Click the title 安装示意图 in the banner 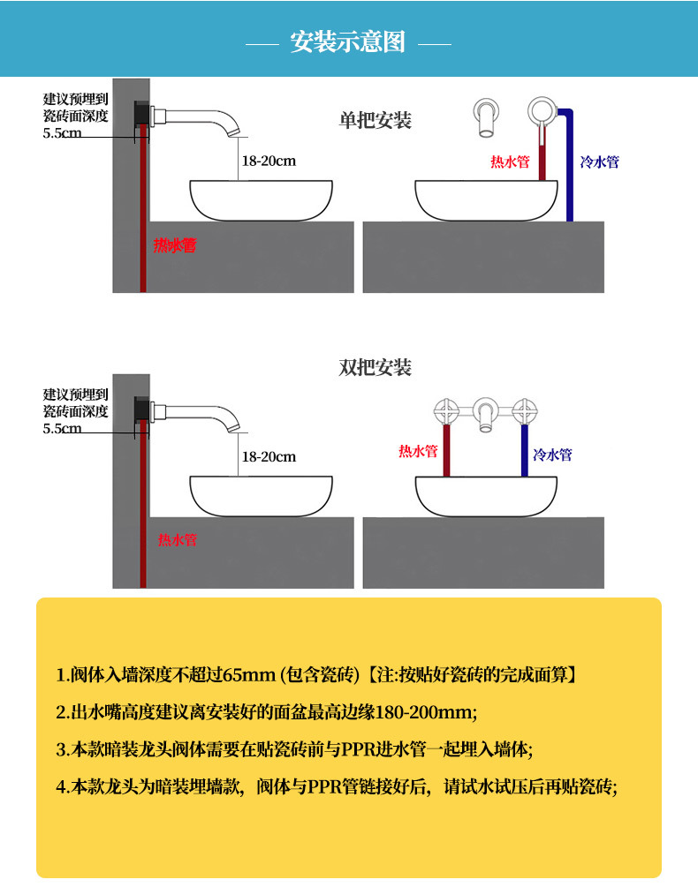[348, 41]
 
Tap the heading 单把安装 [376, 120]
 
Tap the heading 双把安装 [376, 367]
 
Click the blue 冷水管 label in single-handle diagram [599, 162]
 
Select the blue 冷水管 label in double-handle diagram [552, 455]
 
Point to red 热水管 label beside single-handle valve [510, 162]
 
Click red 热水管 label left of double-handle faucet [418, 451]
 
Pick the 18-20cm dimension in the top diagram [269, 162]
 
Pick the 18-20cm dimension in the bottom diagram [269, 456]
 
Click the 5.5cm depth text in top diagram [62, 133]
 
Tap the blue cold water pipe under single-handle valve [569, 177]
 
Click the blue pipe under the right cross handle [525, 450]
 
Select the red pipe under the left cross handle [446, 450]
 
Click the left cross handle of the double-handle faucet [446, 410]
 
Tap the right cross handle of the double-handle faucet [525, 410]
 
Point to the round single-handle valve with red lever [541, 112]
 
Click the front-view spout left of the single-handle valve [485, 116]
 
